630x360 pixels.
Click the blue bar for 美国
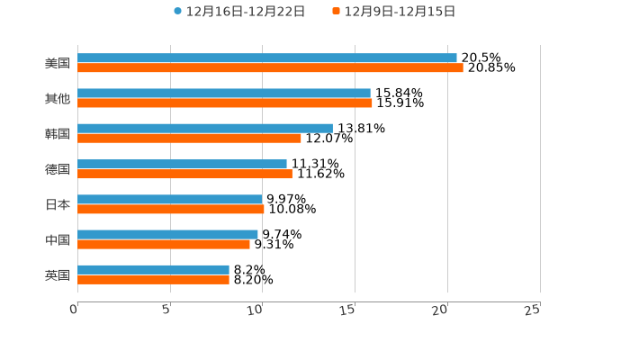[x=267, y=58]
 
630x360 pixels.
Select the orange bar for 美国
[x=270, y=67]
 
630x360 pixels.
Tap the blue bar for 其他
[x=224, y=93]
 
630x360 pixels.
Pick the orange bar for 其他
[x=225, y=103]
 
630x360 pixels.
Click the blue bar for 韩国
[x=205, y=128]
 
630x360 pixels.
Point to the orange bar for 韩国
[x=189, y=139]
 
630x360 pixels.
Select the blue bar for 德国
[x=182, y=164]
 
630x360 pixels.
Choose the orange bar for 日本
[x=171, y=209]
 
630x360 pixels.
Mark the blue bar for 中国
[x=167, y=234]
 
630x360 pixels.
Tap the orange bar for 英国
[x=153, y=280]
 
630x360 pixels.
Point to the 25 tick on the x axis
[x=532, y=310]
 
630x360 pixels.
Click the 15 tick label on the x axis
[x=347, y=310]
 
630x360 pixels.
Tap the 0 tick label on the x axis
[x=75, y=310]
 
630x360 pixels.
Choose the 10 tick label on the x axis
[x=255, y=310]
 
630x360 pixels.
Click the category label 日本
[x=58, y=204]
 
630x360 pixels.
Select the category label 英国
[x=58, y=274]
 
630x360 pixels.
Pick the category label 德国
[x=58, y=169]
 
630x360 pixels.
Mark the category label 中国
[x=58, y=239]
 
